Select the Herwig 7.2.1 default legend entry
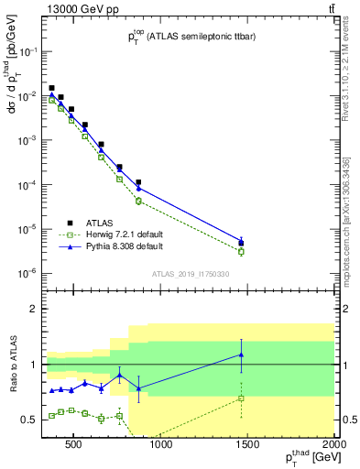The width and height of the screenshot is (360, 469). (x=117, y=234)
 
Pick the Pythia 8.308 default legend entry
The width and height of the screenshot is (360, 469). (x=118, y=246)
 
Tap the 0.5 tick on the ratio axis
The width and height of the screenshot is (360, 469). (x=28, y=420)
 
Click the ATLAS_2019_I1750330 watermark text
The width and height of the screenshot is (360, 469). (x=191, y=273)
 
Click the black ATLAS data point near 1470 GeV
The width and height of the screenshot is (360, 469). (x=241, y=244)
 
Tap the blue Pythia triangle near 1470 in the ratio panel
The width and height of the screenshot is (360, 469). (x=241, y=354)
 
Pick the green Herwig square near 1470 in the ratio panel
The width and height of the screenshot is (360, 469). (x=241, y=398)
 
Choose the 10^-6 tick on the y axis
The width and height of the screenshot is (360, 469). (x=27, y=273)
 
